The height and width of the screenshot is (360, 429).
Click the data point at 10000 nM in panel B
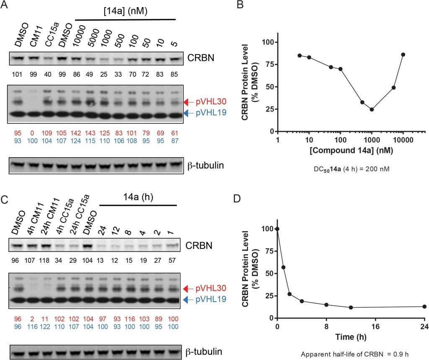point(403,54)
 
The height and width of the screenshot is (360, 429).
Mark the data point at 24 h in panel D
point(424,306)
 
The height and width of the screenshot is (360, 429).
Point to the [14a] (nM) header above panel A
point(126,9)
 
